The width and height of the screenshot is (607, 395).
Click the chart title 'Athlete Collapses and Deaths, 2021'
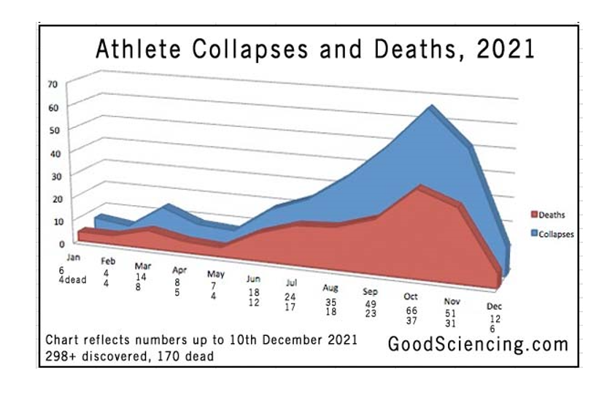pos(316,50)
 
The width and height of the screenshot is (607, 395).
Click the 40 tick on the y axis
pos(52,152)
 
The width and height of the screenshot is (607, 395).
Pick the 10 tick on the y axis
pos(52,220)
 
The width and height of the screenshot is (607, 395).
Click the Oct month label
pos(411,297)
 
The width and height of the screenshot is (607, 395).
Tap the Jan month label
pos(73,258)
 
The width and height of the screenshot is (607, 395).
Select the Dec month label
pos(494,307)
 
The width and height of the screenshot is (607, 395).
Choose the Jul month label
pos(291,283)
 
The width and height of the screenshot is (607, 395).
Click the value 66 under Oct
pos(411,310)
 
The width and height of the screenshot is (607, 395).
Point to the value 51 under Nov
pos(452,314)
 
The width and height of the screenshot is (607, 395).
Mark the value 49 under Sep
pos(370,304)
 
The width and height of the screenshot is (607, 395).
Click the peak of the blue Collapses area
pos(430,107)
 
